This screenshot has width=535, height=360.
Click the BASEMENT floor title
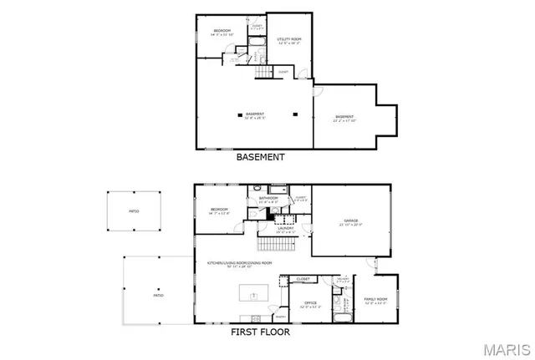tap(261, 157)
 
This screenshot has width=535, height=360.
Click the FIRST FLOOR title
tap(261, 332)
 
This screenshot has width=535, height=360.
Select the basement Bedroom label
tap(222, 33)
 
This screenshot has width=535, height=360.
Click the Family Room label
tap(374, 300)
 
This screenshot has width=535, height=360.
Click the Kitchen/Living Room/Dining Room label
tap(247, 265)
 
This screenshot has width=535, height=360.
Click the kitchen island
tap(253, 294)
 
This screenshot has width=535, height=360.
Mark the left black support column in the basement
tap(240, 114)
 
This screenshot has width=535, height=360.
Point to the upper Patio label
tap(133, 213)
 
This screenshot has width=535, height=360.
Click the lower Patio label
tap(157, 295)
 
